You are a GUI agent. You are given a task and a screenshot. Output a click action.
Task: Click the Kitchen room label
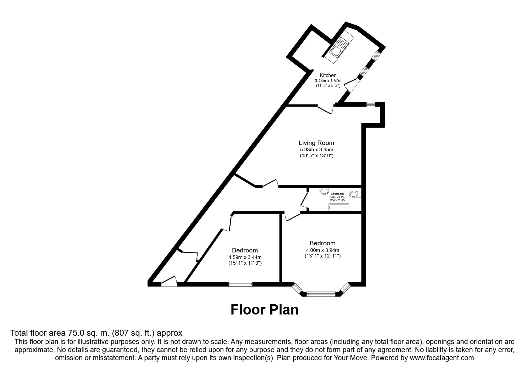328,75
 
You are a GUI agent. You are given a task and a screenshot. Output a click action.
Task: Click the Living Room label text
316,143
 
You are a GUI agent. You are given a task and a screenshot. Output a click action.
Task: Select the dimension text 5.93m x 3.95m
316,149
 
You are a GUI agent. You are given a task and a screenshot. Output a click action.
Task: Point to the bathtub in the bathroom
339,207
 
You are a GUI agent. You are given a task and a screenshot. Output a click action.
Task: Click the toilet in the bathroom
355,195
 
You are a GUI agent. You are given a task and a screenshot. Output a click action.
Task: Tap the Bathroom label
337,194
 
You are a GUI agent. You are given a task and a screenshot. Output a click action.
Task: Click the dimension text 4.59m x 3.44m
245,257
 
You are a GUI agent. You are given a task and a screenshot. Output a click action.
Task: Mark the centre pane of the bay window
321,294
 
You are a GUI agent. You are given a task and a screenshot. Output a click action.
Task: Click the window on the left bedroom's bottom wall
240,284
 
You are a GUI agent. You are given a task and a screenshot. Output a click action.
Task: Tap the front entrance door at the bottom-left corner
169,282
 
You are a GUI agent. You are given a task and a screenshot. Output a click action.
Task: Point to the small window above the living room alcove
370,104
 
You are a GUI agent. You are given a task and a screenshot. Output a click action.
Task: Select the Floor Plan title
264,310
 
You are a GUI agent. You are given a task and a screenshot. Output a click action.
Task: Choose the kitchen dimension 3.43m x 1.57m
328,81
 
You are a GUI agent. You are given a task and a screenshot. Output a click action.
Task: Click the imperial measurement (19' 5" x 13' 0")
316,156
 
